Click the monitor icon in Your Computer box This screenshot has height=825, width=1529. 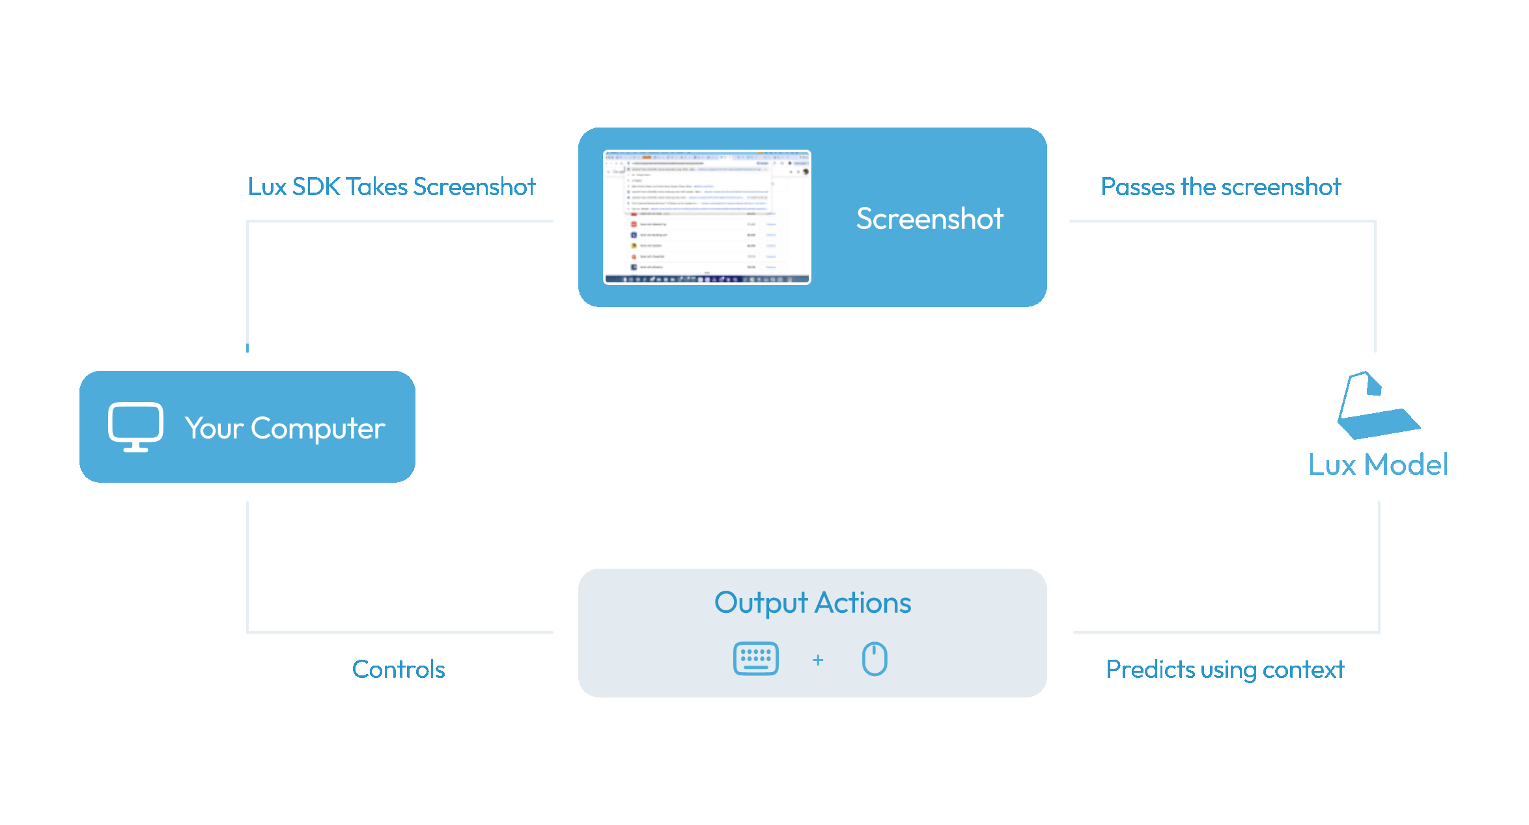click(x=135, y=426)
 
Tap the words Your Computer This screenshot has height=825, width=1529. click(x=285, y=428)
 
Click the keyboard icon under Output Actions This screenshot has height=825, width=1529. click(x=755, y=658)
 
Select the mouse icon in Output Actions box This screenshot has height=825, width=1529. click(x=875, y=658)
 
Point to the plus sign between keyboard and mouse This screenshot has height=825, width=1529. click(x=818, y=660)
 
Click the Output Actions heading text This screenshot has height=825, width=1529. click(x=812, y=602)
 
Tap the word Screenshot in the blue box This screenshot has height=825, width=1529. click(x=929, y=219)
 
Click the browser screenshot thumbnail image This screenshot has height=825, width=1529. click(x=707, y=217)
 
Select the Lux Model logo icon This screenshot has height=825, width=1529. click(x=1377, y=406)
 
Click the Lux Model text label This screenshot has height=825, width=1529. click(x=1378, y=465)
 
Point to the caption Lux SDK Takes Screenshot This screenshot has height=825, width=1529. click(x=391, y=187)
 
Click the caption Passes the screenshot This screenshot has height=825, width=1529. click(x=1220, y=187)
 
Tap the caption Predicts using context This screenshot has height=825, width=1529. click(x=1224, y=669)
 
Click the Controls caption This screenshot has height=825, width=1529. click(x=399, y=669)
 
